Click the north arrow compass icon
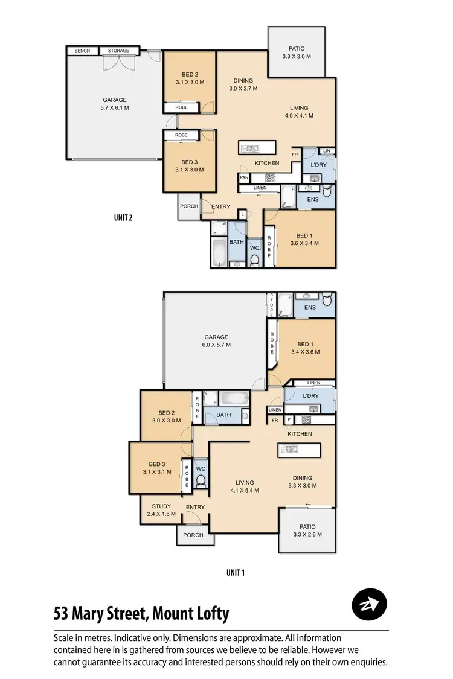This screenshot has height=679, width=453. [368, 604]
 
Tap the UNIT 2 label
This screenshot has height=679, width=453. [123, 218]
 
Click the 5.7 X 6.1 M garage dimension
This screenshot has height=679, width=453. [114, 108]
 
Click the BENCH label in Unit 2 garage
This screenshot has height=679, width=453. [82, 51]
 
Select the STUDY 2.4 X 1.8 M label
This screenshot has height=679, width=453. [161, 511]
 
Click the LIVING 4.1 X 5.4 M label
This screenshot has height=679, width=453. [245, 486]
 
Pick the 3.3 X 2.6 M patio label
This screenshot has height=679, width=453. [307, 531]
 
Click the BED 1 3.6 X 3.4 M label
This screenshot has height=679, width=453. [304, 240]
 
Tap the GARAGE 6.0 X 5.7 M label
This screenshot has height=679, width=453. [216, 341]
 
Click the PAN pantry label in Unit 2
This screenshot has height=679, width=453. [244, 178]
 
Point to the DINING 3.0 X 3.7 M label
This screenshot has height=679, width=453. [243, 84]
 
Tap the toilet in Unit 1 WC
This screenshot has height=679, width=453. [202, 480]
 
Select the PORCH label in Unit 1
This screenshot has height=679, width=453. [193, 535]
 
